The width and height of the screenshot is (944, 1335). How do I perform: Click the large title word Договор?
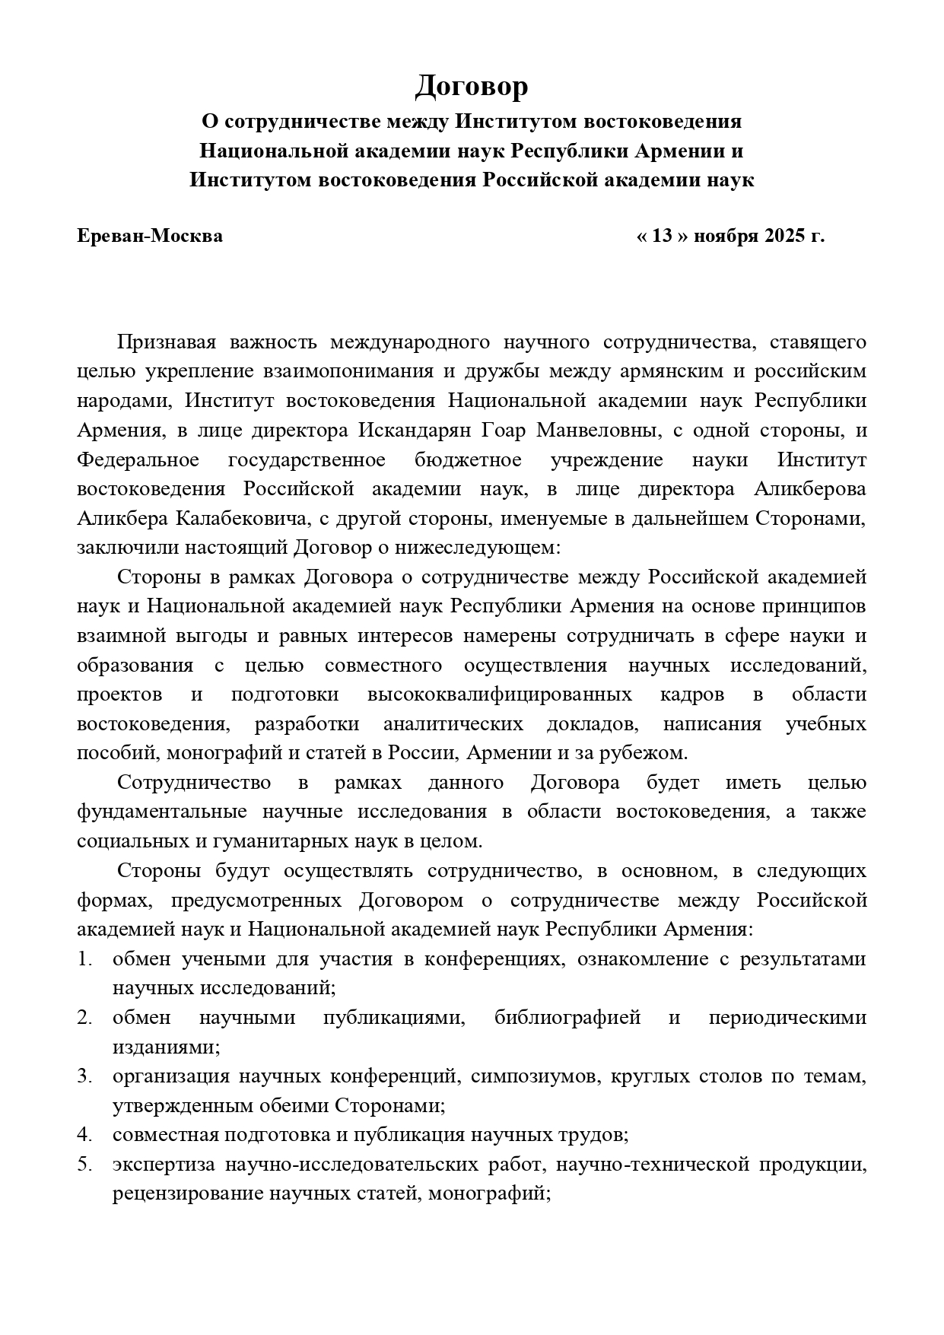pyautogui.click(x=471, y=87)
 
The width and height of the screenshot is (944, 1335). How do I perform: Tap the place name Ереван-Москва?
pyautogui.click(x=150, y=236)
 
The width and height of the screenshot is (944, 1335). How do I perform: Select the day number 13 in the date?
pyautogui.click(x=663, y=236)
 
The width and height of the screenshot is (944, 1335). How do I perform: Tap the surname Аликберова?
pyautogui.click(x=809, y=489)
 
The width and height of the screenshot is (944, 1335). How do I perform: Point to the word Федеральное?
pyautogui.click(x=138, y=460)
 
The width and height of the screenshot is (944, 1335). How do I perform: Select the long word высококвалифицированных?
pyautogui.click(x=499, y=695)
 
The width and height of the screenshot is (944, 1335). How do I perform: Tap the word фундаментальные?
pyautogui.click(x=161, y=812)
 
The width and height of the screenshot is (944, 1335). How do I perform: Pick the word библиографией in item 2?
pyautogui.click(x=567, y=1018)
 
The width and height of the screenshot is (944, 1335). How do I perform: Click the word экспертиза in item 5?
pyautogui.click(x=160, y=1165)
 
